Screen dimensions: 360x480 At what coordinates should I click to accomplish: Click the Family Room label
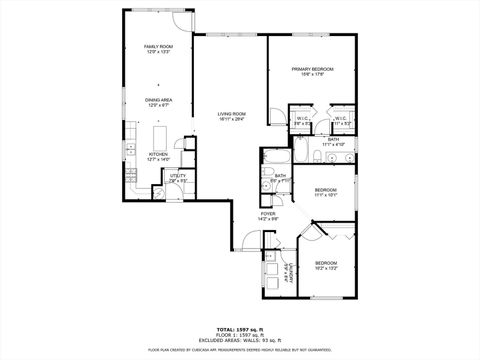[x=157, y=48]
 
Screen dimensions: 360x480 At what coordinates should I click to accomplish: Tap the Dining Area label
[x=157, y=100]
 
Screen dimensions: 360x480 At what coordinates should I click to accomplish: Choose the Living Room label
[x=231, y=115]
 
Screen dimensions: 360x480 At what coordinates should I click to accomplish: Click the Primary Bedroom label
[x=312, y=69]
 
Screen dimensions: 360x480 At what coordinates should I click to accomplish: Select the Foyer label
[x=268, y=214]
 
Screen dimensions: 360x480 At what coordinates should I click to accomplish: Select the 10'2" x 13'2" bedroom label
[x=327, y=264]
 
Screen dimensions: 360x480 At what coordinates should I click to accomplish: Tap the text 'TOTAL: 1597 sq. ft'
[x=240, y=327]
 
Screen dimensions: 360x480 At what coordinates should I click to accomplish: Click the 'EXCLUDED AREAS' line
[x=240, y=338]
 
